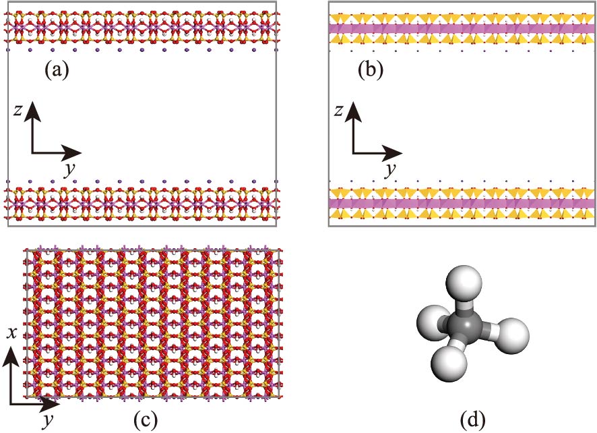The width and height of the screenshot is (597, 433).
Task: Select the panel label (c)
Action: click(146, 420)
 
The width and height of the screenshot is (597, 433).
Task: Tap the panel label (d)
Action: click(471, 420)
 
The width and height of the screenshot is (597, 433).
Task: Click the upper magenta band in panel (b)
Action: click(462, 29)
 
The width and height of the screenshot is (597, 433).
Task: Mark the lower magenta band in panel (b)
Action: click(462, 203)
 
